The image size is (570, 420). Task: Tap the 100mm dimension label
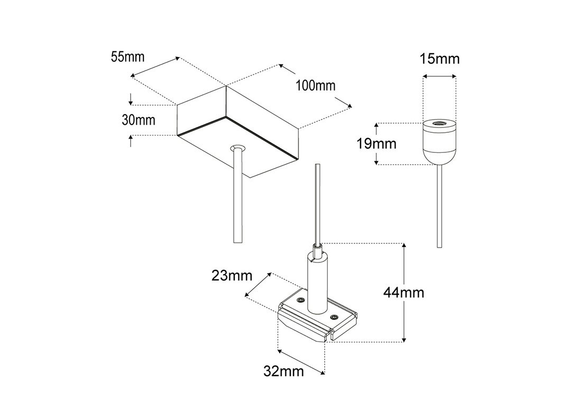coord(316,85)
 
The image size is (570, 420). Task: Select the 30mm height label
coord(139,120)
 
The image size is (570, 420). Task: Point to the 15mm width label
coord(439,59)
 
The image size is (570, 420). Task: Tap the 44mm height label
coord(404,292)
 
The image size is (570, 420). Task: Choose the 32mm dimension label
coord(284,371)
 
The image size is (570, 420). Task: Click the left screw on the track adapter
coord(300,300)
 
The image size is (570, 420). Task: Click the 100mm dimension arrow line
coord(315,86)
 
